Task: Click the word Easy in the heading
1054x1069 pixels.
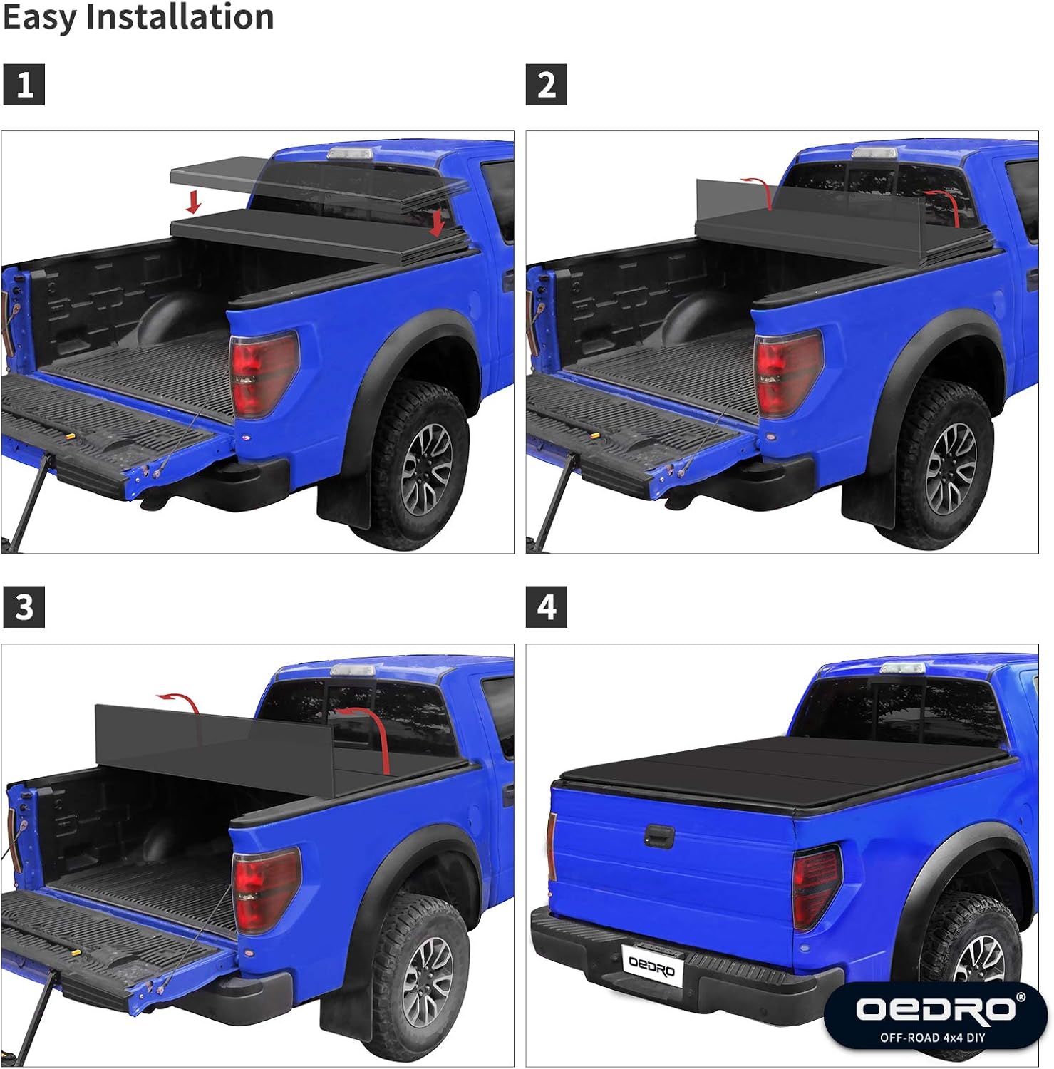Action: (39, 17)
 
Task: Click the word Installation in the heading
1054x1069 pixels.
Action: (180, 17)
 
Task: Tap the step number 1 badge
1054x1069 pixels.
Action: (24, 85)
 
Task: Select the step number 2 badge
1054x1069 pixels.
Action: (546, 85)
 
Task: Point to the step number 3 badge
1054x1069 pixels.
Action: (24, 607)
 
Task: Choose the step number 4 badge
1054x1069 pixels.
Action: (546, 607)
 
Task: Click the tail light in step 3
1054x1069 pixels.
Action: (266, 889)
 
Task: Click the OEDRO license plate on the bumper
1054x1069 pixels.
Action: (652, 967)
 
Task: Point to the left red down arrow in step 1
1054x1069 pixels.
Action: (192, 202)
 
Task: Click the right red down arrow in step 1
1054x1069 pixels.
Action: (437, 223)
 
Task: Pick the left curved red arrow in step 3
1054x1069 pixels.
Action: (182, 701)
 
